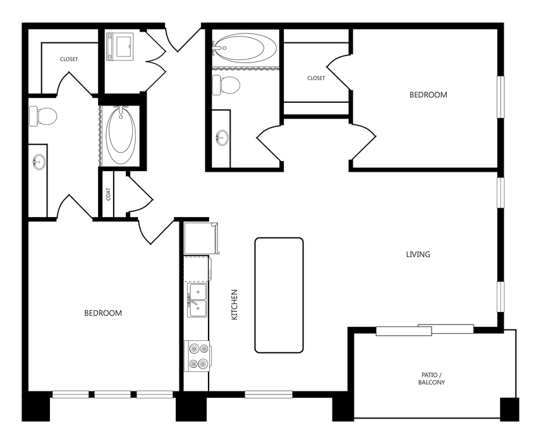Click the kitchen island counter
pyautogui.click(x=279, y=295)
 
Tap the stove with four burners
pyautogui.click(x=197, y=355)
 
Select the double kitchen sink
pyautogui.click(x=197, y=300)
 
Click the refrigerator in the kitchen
pyautogui.click(x=200, y=237)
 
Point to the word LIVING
pyautogui.click(x=418, y=254)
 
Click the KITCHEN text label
pyautogui.click(x=234, y=304)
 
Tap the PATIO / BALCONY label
pyautogui.click(x=433, y=379)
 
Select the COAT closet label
pyautogui.click(x=109, y=194)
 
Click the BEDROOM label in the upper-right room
pyautogui.click(x=428, y=95)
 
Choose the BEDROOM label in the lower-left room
pyautogui.click(x=103, y=312)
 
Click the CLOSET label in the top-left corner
pyautogui.click(x=69, y=59)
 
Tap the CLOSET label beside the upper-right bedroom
pyautogui.click(x=316, y=78)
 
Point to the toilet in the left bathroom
pyautogui.click(x=44, y=116)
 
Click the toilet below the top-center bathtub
pyautogui.click(x=226, y=84)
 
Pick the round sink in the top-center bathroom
pyautogui.click(x=222, y=137)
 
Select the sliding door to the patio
pyautogui.click(x=425, y=330)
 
